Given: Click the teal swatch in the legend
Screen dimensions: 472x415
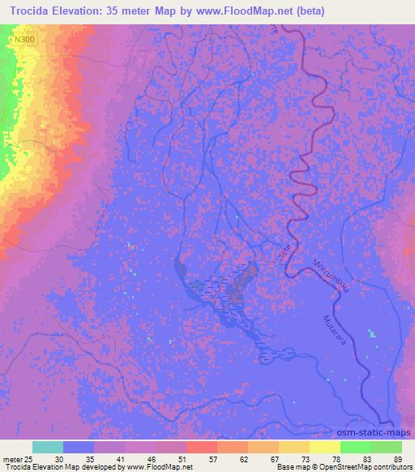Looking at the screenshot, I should [x=47, y=447].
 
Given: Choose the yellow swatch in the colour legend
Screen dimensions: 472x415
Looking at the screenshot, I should [x=324, y=447].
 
